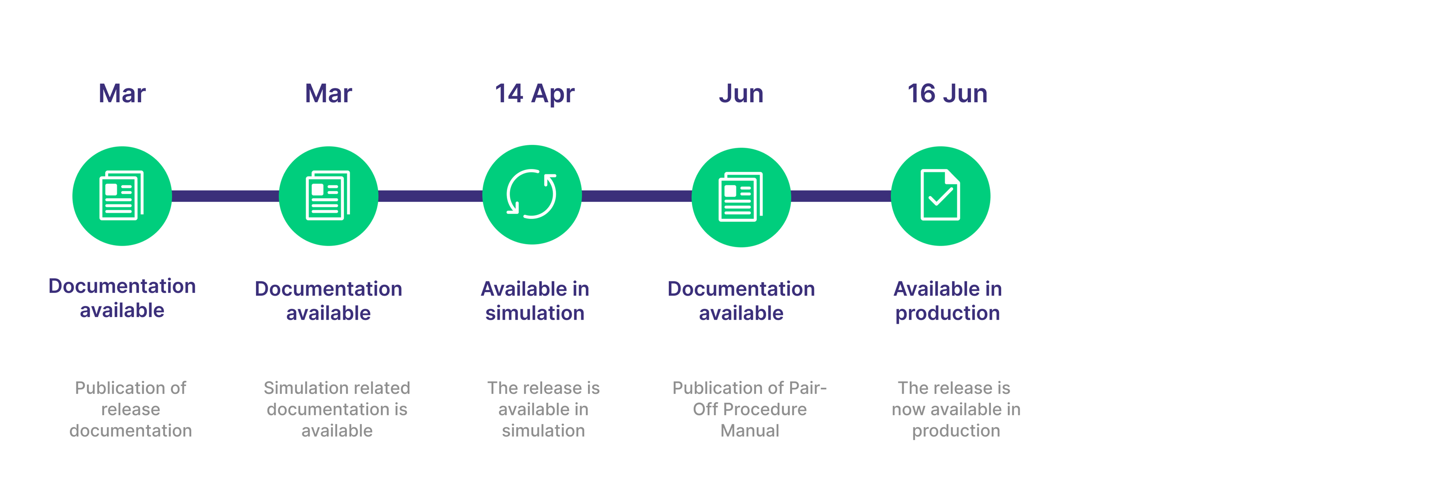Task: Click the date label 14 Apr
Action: (534, 93)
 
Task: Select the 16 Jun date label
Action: (947, 93)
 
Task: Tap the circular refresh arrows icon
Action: (531, 194)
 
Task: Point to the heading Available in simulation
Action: (534, 301)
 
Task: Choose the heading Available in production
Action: (947, 301)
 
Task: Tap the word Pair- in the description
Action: (808, 388)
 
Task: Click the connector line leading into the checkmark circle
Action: (840, 196)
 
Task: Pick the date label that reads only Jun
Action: (741, 93)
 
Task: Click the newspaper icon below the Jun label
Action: (741, 197)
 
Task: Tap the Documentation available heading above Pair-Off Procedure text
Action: (741, 301)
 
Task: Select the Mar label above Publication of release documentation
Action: (122, 93)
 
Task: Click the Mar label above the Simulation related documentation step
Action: (329, 93)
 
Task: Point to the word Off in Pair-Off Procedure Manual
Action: (702, 410)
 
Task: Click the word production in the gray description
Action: (956, 431)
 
